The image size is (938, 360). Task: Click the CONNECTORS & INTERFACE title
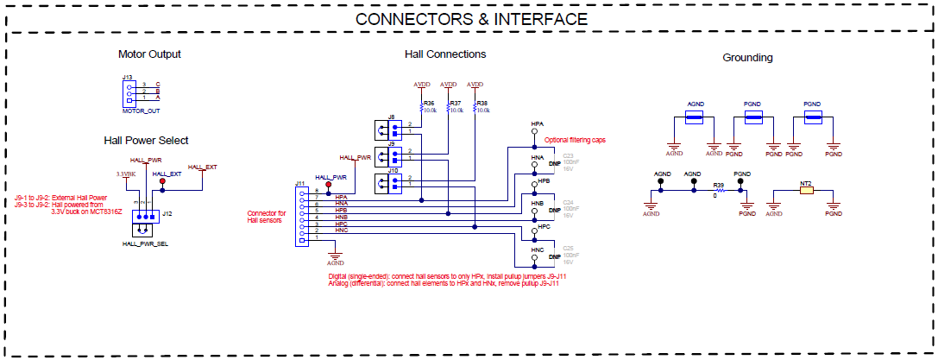[x=471, y=18]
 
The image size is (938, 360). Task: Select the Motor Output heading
[x=149, y=54]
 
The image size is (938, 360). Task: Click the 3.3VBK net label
[x=126, y=174]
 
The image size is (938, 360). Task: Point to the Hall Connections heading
[x=444, y=54]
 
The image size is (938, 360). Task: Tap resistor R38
[x=475, y=107]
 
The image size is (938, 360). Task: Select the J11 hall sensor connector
[x=300, y=217]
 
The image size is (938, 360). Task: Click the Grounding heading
[x=747, y=58]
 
